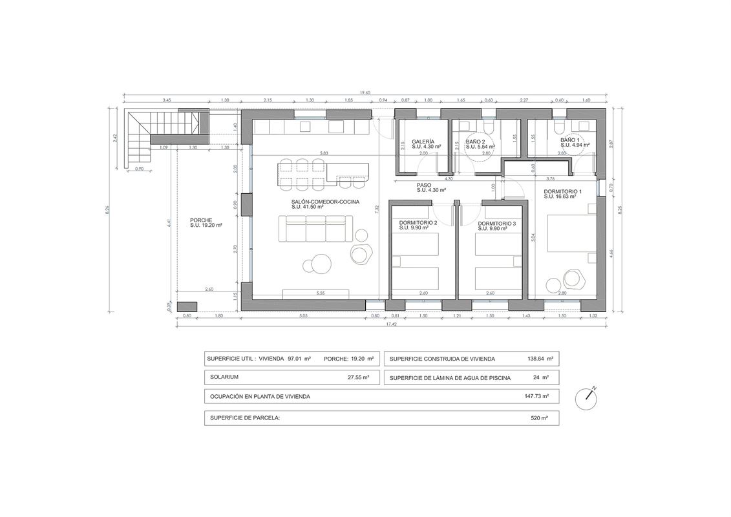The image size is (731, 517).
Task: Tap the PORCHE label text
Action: pyautogui.click(x=202, y=220)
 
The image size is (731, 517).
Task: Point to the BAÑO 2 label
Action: pyautogui.click(x=475, y=141)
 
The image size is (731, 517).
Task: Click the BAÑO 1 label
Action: pyautogui.click(x=570, y=140)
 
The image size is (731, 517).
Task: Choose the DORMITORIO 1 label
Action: pyautogui.click(x=562, y=192)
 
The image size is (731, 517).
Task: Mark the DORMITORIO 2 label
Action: pyautogui.click(x=418, y=223)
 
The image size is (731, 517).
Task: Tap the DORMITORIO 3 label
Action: pyautogui.click(x=496, y=223)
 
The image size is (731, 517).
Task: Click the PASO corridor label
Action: pyautogui.click(x=424, y=185)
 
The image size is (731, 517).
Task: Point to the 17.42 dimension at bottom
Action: pyautogui.click(x=391, y=324)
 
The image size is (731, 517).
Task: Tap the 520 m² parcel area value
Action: pyautogui.click(x=539, y=418)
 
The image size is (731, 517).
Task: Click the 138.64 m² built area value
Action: pyautogui.click(x=540, y=358)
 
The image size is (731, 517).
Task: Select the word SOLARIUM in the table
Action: pyautogui.click(x=224, y=377)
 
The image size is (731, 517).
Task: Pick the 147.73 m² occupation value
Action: pyautogui.click(x=536, y=396)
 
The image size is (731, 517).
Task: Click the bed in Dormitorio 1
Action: pyautogui.click(x=569, y=234)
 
